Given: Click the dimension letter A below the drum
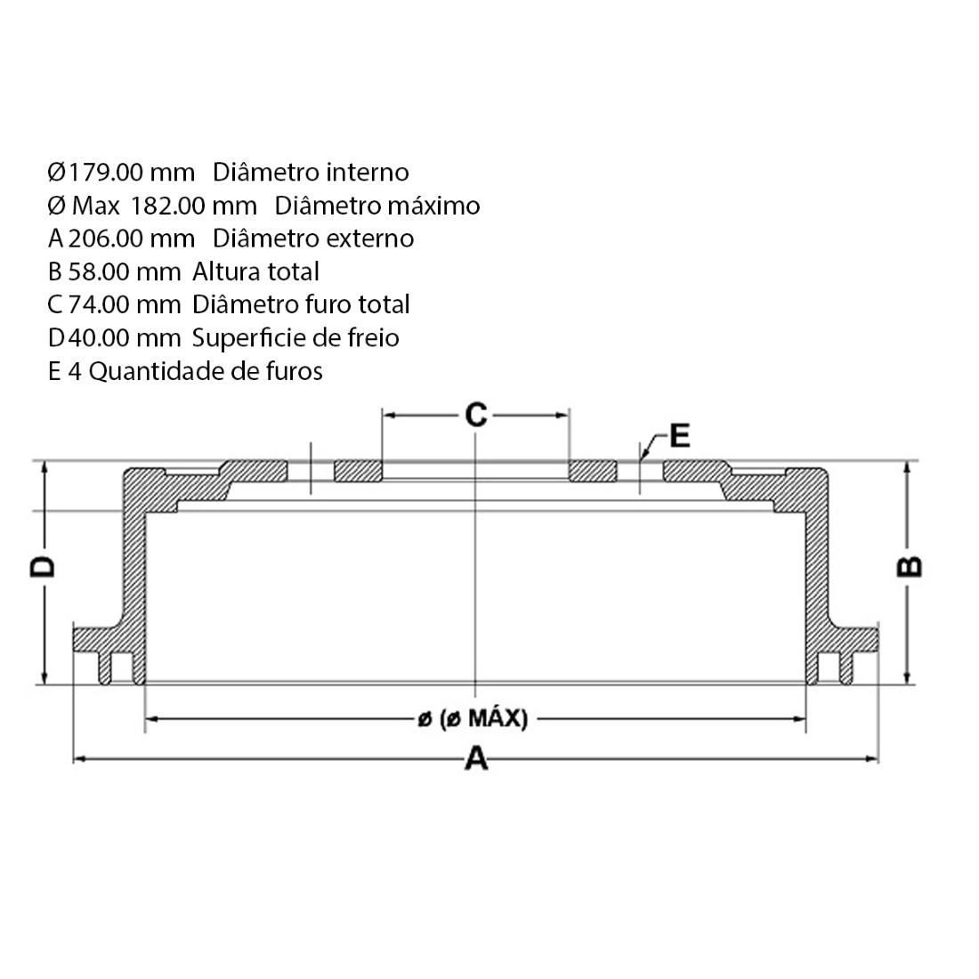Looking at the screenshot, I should pos(477,759).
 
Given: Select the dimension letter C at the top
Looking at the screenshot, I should pos(476,414).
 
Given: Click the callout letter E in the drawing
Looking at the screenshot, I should pos(679,436).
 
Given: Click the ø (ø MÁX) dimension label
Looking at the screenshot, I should pos(473,718).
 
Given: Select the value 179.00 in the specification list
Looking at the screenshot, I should pos(105,172).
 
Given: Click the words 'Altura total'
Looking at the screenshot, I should pos(255,271).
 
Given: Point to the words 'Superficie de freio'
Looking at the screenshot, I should pos(295,338).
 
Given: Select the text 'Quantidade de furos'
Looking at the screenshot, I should pos(206,371).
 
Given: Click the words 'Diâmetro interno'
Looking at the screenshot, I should pos(311,172).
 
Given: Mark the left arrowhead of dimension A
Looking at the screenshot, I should pos(77,758).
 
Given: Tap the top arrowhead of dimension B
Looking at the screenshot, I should pos(908,466).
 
